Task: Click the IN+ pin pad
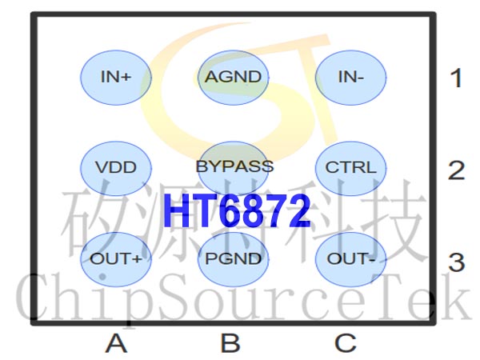[116, 78]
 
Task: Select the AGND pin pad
[234, 78]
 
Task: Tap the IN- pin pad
[350, 78]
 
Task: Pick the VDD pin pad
[116, 168]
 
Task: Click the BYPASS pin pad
[234, 168]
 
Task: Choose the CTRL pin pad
[350, 168]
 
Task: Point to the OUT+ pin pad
[116, 259]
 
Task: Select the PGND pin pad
[234, 259]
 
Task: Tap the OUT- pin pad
[350, 259]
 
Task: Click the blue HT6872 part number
[237, 211]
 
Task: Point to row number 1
[457, 78]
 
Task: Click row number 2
[457, 170]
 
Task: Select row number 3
[457, 262]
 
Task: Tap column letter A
[116, 343]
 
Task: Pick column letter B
[230, 343]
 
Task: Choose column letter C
[346, 343]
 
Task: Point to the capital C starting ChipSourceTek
[34, 296]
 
